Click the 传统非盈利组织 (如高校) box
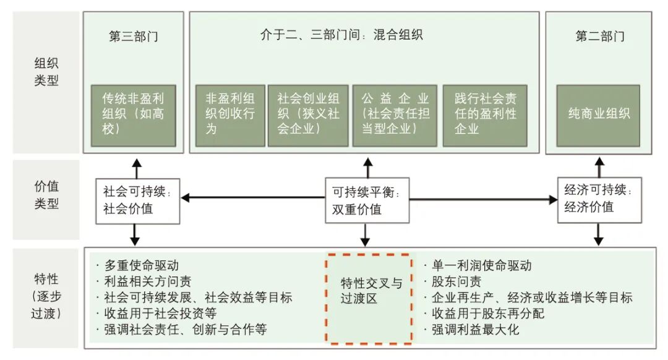pos(134,114)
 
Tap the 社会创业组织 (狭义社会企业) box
pos(308,114)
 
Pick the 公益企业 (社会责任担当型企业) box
pos(395,114)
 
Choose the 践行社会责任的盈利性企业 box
pos(485,114)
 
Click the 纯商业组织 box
pos(599,114)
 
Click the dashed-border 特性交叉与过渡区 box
pos(370,298)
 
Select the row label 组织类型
pos(46,72)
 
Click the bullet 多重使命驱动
pos(141,265)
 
